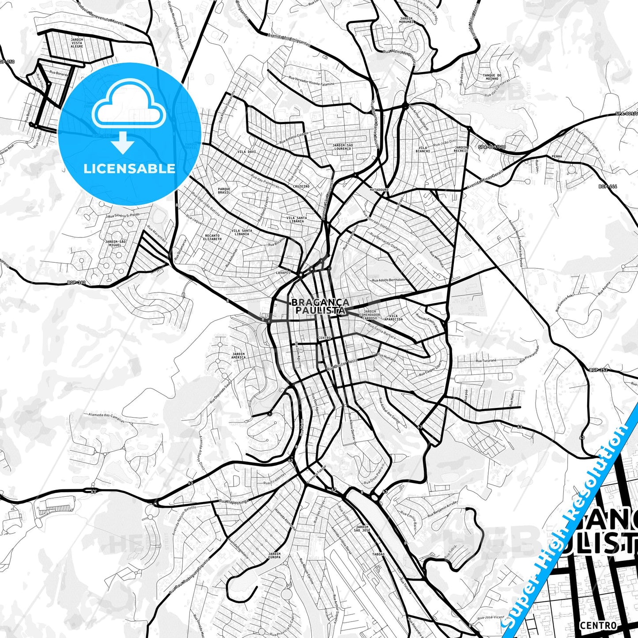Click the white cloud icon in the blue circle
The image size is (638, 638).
128,106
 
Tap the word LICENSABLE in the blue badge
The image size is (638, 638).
129,168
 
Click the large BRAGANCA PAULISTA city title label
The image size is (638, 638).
320,306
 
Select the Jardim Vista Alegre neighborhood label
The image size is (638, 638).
77,42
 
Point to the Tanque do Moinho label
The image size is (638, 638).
491,77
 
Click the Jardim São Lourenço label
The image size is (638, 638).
343,147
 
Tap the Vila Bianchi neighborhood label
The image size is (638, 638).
423,149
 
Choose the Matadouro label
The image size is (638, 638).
379,189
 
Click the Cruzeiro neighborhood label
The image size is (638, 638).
301,186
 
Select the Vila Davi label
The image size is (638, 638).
247,151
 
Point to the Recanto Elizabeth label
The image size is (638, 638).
212,237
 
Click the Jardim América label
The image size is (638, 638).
238,355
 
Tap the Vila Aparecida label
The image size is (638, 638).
394,317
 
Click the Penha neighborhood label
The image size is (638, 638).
557,156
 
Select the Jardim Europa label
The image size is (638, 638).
274,555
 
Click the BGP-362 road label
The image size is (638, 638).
76,282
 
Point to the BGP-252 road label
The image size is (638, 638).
598,370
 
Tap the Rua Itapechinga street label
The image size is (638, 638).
234,501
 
